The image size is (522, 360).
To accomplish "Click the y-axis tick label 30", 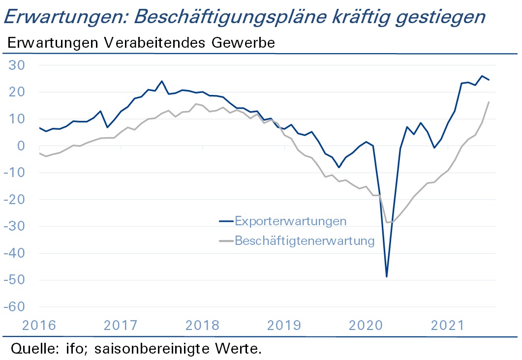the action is click(17, 65).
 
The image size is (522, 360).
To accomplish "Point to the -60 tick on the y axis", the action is click(14, 307).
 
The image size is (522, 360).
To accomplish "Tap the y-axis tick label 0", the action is click(21, 146).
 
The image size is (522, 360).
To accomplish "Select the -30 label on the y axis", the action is click(14, 226).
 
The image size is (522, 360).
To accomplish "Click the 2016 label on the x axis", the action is click(39, 326).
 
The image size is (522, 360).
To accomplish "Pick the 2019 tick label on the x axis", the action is click(284, 326).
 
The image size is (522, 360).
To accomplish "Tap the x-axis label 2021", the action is click(447, 326).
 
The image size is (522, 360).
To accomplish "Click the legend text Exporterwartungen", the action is click(291, 221).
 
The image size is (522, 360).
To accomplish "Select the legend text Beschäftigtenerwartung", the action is click(305, 240).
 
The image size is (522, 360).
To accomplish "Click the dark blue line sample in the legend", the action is click(226, 221).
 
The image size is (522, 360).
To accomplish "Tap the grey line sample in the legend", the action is click(226, 240).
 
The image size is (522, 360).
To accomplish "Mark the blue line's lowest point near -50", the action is click(387, 276).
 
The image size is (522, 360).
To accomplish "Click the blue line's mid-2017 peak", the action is click(162, 81).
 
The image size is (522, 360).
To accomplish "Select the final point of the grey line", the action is click(489, 102).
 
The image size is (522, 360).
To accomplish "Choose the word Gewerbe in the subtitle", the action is click(244, 43).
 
